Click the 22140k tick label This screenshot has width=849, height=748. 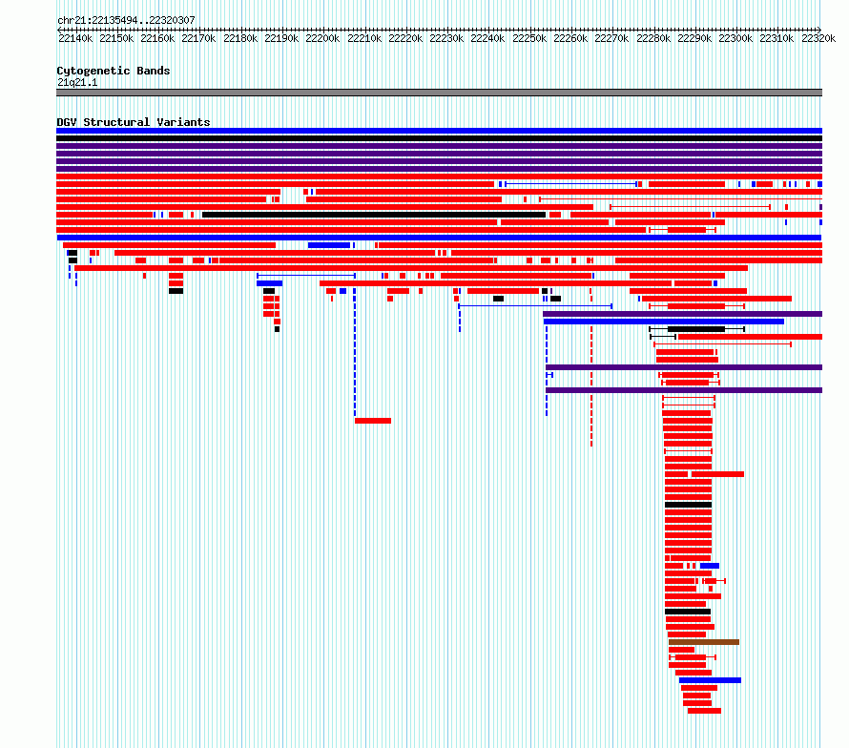pyautogui.click(x=75, y=38)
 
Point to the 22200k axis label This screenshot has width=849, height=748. pyautogui.click(x=322, y=38)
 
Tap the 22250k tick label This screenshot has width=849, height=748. pyautogui.click(x=529, y=38)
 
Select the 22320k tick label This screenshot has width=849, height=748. pyautogui.click(x=818, y=38)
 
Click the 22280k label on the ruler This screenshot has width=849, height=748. pyautogui.click(x=653, y=38)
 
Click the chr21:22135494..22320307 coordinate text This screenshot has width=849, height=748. pyautogui.click(x=126, y=21)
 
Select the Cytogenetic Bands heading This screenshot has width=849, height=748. pyautogui.click(x=114, y=71)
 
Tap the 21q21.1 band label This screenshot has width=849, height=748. pyautogui.click(x=77, y=82)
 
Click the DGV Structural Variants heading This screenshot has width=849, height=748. pyautogui.click(x=134, y=122)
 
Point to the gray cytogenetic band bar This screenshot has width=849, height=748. pyautogui.click(x=439, y=93)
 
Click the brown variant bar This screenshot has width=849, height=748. pyautogui.click(x=704, y=642)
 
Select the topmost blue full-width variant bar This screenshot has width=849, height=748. pyautogui.click(x=439, y=131)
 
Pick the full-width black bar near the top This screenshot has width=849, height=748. pyautogui.click(x=439, y=138)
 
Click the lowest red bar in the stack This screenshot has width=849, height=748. pyautogui.click(x=704, y=711)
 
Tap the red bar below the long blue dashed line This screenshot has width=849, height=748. pyautogui.click(x=373, y=421)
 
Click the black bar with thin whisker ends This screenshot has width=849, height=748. pyautogui.click(x=697, y=329)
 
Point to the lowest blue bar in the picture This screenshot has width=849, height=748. pyautogui.click(x=710, y=680)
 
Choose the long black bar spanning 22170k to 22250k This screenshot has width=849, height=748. pyautogui.click(x=374, y=215)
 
